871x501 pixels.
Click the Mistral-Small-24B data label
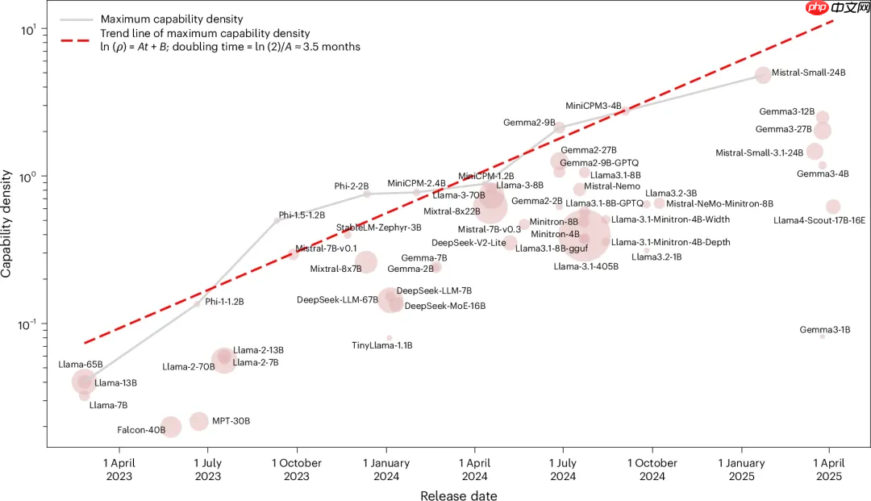[x=808, y=73]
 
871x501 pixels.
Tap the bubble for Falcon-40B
[x=170, y=427]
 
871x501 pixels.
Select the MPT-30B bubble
[x=199, y=421]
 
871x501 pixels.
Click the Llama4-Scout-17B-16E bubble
[x=833, y=207]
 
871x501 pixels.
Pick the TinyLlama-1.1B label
[x=382, y=345]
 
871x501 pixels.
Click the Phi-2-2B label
[x=352, y=186]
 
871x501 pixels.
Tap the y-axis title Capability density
[x=7, y=223]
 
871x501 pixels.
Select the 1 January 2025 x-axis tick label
[x=740, y=470]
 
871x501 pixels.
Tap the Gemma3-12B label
[x=786, y=111]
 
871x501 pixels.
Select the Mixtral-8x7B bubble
[x=366, y=261]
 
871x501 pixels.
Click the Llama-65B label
[x=81, y=365]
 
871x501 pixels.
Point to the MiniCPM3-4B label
[x=593, y=106]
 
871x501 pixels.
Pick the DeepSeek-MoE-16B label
[x=445, y=306]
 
